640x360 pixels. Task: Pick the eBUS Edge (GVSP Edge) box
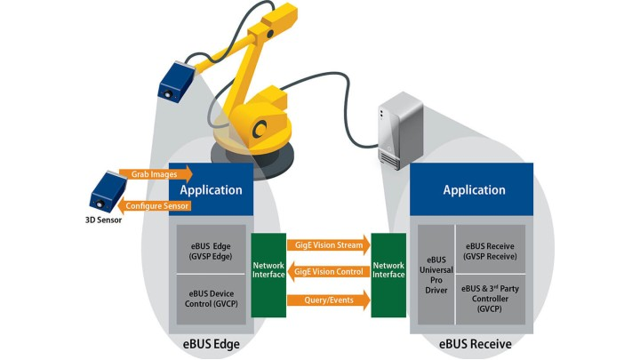click(210, 251)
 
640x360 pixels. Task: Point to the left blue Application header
click(211, 189)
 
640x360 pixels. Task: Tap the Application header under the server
click(475, 189)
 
